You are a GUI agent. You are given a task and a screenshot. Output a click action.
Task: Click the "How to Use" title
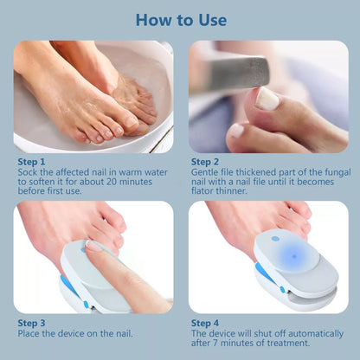point(180,19)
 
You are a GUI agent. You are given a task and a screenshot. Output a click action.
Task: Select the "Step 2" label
point(206,160)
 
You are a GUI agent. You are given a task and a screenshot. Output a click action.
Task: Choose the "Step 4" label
point(206,323)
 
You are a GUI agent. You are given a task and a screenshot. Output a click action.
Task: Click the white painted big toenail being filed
point(267,99)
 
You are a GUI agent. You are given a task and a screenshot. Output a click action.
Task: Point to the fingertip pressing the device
point(93,246)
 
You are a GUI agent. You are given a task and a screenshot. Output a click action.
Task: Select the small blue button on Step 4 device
point(275,240)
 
